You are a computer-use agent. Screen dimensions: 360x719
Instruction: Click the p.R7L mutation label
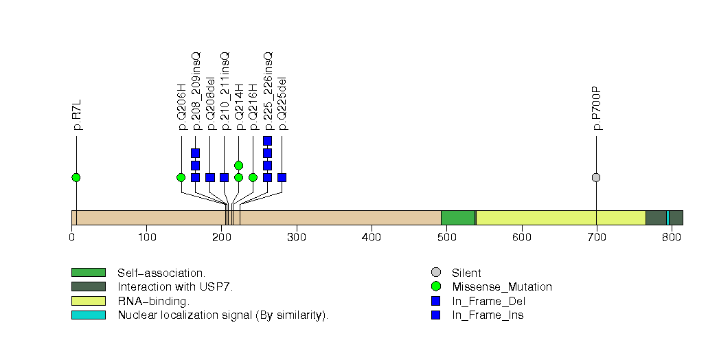[x=76, y=115]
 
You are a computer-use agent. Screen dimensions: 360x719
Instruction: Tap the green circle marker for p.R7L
[x=76, y=177]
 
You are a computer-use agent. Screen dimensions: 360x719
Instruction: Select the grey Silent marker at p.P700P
[x=596, y=177]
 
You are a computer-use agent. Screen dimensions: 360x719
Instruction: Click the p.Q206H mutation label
[x=181, y=106]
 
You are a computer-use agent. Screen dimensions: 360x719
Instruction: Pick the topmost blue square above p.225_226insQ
[x=267, y=141]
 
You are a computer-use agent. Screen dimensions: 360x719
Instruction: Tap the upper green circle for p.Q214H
[x=238, y=165]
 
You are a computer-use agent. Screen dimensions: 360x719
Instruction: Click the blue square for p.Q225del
[x=282, y=177]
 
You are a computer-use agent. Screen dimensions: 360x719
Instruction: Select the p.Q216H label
[x=253, y=106]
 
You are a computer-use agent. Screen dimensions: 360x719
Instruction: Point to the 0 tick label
[x=71, y=238]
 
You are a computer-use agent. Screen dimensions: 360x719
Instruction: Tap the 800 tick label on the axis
[x=672, y=238]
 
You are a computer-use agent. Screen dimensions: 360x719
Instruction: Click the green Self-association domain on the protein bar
[x=457, y=218]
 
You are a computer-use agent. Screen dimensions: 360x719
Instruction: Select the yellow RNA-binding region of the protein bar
[x=560, y=218]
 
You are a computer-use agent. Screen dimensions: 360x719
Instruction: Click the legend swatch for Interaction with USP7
[x=88, y=286]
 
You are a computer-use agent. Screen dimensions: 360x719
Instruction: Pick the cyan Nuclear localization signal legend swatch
[x=88, y=315]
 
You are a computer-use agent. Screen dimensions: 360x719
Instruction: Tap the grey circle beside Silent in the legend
[x=435, y=273]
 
